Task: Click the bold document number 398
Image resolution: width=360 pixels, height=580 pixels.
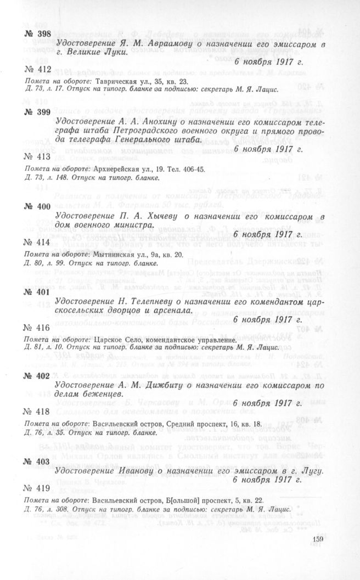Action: [37, 34]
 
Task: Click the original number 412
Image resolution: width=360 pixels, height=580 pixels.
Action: [37, 69]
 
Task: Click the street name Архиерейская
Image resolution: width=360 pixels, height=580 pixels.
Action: [119, 169]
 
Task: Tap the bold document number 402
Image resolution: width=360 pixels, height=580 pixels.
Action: [37, 376]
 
